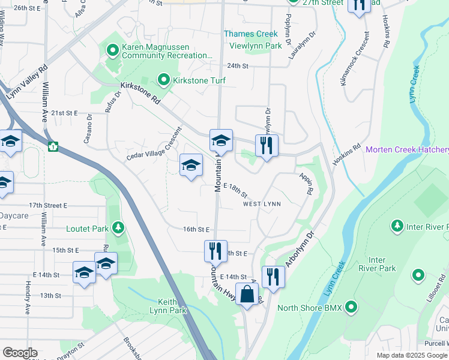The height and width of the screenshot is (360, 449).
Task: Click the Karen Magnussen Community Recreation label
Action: point(167,51)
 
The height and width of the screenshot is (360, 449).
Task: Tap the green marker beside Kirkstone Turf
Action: point(163,79)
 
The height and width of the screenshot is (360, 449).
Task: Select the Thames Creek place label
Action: point(251,34)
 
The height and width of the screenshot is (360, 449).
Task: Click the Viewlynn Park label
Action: point(256,46)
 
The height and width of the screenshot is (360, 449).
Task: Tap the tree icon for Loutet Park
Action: point(119,227)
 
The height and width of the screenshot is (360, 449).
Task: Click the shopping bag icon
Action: point(247,295)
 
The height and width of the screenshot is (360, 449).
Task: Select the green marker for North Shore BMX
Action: point(351,308)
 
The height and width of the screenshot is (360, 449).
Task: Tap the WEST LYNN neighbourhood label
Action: point(262,204)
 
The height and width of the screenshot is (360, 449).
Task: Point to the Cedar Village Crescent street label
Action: point(154,145)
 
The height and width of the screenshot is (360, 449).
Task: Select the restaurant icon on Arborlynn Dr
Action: point(273,277)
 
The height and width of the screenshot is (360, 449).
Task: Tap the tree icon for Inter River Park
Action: point(397,226)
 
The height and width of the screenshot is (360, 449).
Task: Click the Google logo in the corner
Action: point(20,353)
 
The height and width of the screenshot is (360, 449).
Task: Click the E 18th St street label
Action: point(235,190)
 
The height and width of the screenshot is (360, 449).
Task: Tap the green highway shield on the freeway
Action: point(53,146)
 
